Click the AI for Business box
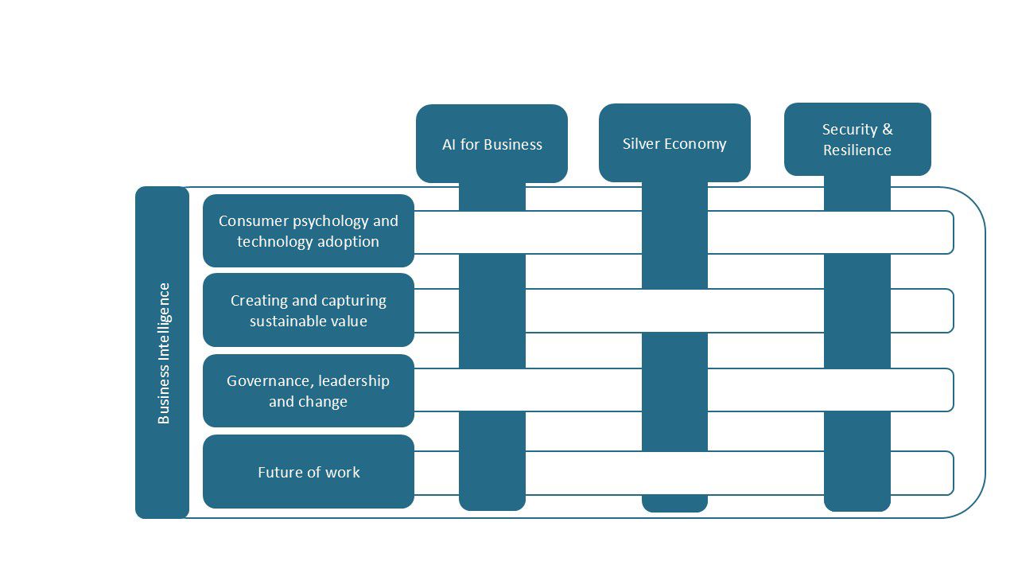coord(492,143)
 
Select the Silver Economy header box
coord(674,142)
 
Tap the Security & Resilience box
coord(857,139)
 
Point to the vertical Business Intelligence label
coord(163,353)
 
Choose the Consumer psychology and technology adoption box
coord(309,231)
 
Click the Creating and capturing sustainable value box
coord(309,310)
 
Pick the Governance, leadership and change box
coord(309,391)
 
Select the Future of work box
coord(309,472)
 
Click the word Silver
coord(640,144)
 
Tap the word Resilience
coord(857,150)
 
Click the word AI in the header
coord(449,145)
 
